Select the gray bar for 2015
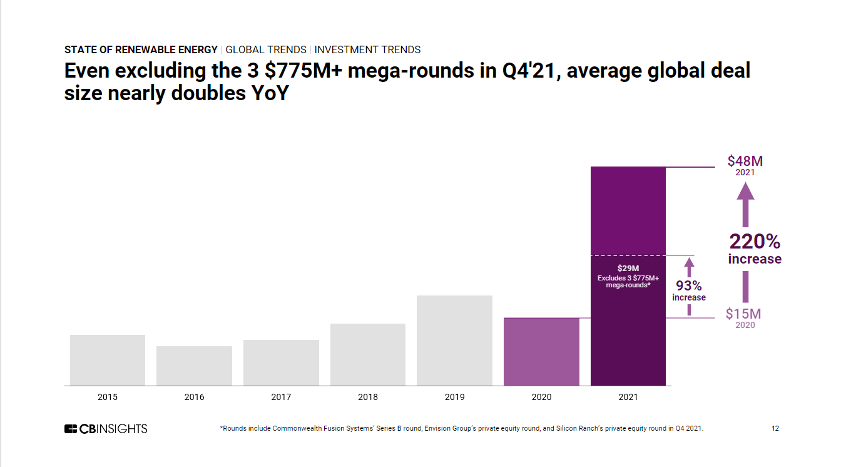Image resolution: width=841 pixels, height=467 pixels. (108, 360)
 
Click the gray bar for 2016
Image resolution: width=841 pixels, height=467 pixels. (194, 366)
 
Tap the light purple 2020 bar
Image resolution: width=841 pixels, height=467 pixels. (541, 351)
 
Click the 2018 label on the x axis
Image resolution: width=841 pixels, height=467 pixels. (368, 397)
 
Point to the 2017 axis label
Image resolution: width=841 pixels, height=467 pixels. (281, 397)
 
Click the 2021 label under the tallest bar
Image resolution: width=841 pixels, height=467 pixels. (628, 397)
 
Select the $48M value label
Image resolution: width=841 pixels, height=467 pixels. (745, 161)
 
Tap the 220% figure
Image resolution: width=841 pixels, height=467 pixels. (755, 242)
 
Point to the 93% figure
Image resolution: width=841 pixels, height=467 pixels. (689, 286)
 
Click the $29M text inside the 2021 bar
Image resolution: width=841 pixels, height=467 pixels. (628, 268)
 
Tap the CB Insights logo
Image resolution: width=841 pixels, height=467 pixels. (106, 429)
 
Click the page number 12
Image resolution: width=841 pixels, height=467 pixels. (775, 429)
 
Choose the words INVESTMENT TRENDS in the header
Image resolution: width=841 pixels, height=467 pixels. (367, 49)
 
